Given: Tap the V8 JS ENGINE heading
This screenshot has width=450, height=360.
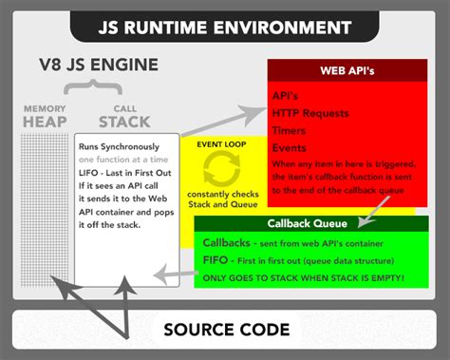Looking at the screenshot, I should coord(97,67).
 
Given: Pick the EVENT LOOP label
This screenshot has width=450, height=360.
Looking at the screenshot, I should coord(224,143).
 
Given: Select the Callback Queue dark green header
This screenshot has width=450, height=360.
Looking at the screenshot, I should coord(310,224).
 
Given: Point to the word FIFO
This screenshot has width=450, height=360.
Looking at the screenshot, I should coord(215,258).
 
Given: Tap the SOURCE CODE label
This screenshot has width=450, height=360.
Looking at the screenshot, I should coord(225,330).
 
